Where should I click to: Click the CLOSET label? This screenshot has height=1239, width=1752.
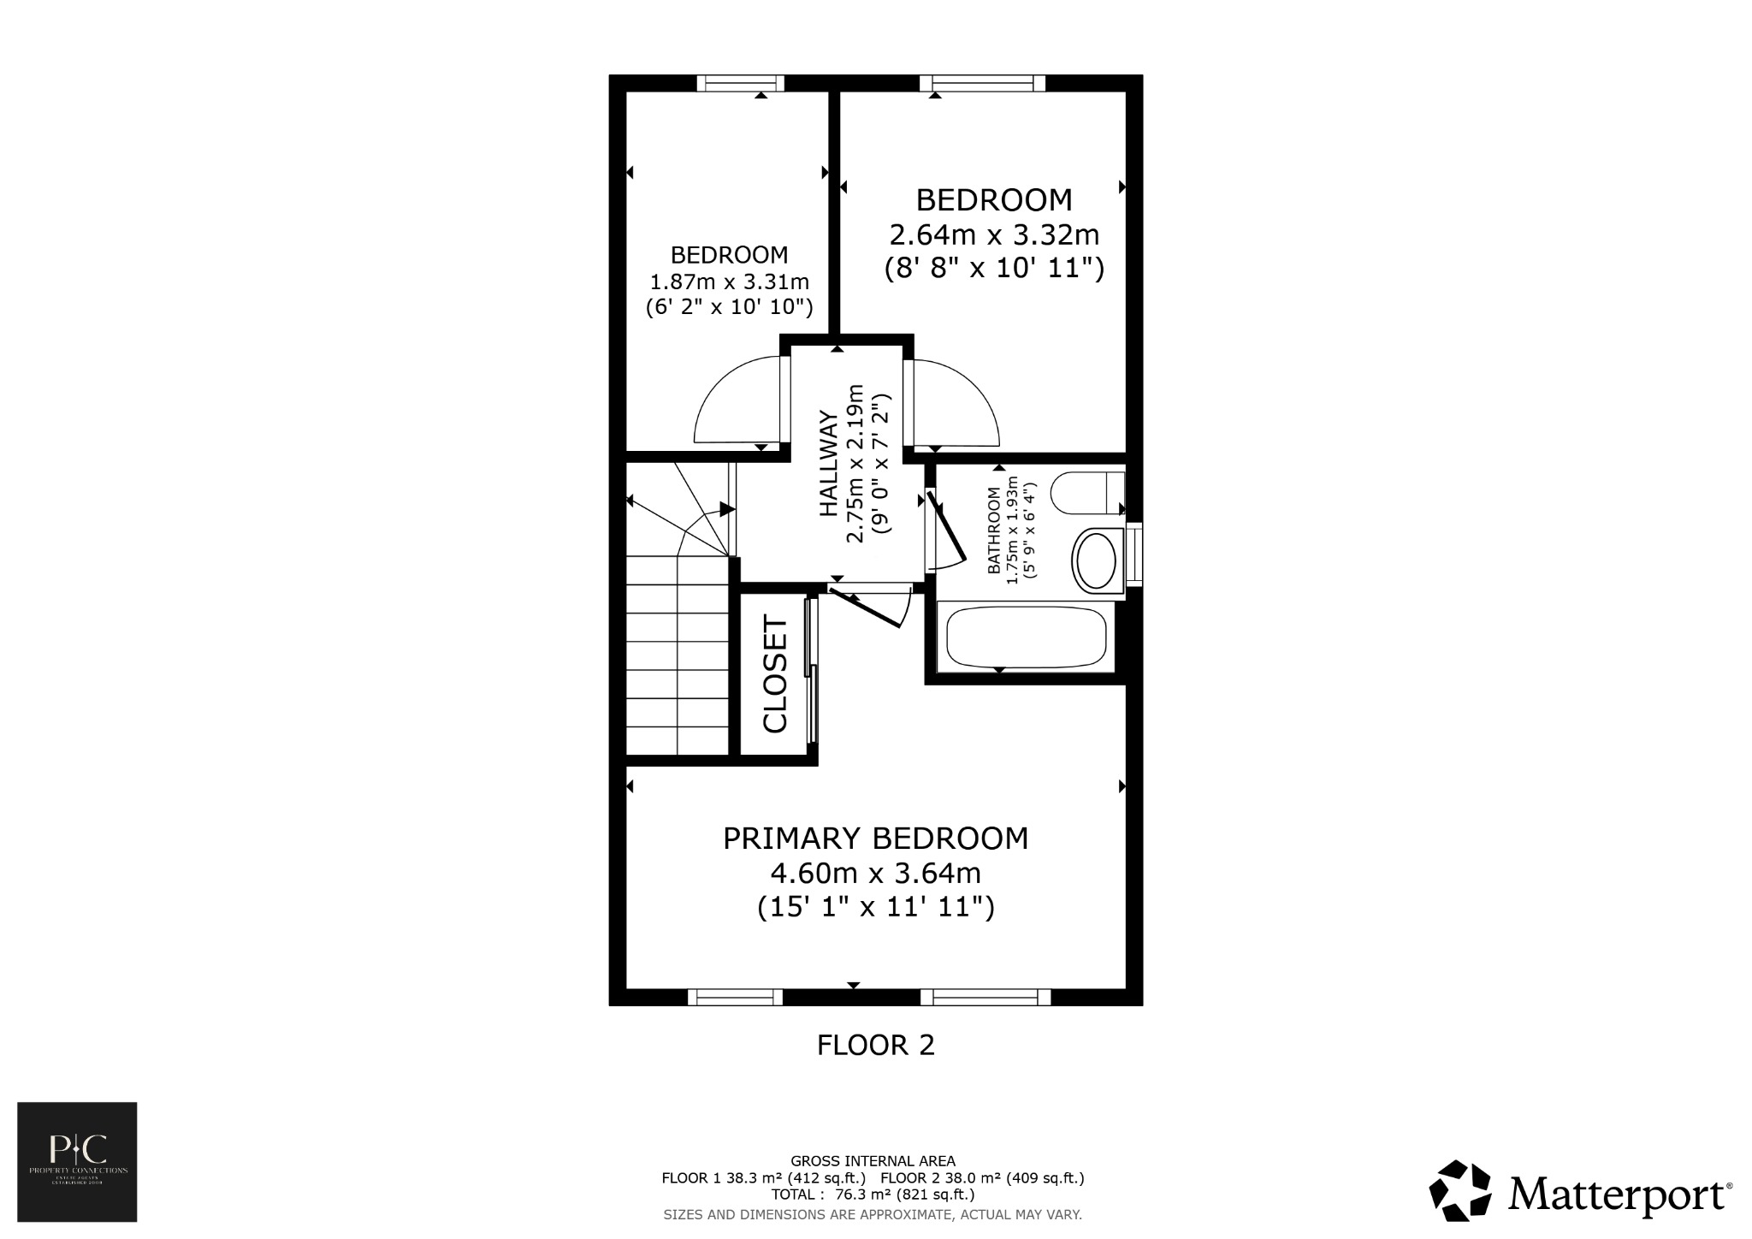click(x=775, y=675)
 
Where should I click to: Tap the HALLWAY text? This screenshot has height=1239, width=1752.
click(x=828, y=464)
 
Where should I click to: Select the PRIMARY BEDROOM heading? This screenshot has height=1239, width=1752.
click(x=875, y=839)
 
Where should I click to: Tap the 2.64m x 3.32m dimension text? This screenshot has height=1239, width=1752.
click(x=994, y=234)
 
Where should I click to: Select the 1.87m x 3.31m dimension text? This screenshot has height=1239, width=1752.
click(x=730, y=282)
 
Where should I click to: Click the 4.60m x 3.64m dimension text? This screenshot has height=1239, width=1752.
click(x=875, y=874)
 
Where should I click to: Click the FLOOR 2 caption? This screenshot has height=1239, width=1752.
click(x=875, y=1045)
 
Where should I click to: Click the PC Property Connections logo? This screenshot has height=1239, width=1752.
click(x=77, y=1161)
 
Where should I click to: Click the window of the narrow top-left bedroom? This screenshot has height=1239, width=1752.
click(x=740, y=83)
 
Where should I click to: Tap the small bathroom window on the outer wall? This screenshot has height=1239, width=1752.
click(x=1134, y=554)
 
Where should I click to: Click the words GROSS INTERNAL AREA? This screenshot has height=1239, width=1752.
click(x=873, y=1161)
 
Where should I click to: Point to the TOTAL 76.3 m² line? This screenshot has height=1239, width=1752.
click(x=873, y=1194)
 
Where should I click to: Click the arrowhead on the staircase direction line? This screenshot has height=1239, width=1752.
click(x=727, y=510)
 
